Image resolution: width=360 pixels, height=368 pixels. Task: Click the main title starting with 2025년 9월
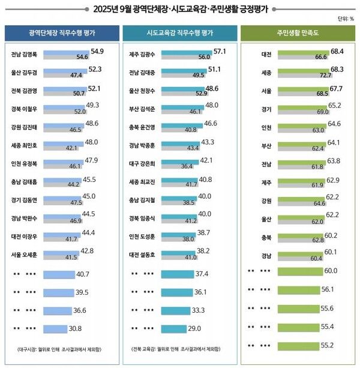tap(180, 8)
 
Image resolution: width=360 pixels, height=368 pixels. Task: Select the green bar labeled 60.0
tap(301, 271)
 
